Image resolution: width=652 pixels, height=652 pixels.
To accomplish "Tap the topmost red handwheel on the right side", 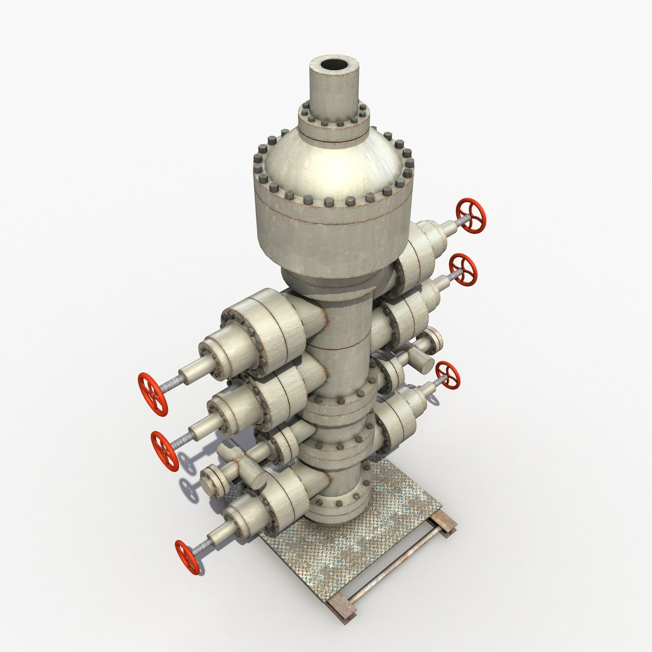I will [x=470, y=216].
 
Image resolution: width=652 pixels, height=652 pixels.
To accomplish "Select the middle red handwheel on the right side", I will [x=463, y=270].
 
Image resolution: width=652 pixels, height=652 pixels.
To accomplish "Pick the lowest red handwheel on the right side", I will [x=447, y=375].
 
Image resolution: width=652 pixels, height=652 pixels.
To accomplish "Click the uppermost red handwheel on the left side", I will [x=152, y=394].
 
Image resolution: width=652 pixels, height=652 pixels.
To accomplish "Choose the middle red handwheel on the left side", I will [x=165, y=451].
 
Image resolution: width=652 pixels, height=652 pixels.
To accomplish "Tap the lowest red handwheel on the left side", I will [x=188, y=557].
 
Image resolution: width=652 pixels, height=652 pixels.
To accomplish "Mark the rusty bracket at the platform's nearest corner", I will [x=342, y=607].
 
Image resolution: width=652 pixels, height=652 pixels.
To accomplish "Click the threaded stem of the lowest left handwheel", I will [x=203, y=546].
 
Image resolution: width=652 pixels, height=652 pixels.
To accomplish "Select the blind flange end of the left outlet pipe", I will [x=211, y=480].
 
